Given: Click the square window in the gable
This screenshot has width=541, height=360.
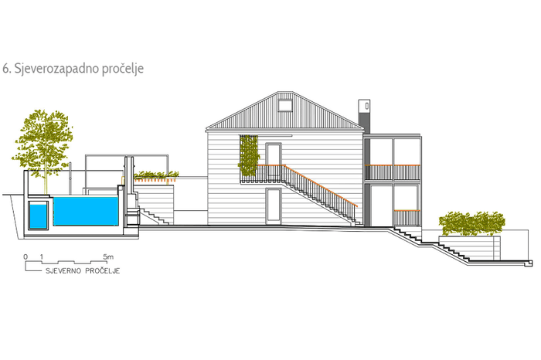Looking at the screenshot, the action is (284, 106).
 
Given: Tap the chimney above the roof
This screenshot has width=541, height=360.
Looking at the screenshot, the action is (364, 116).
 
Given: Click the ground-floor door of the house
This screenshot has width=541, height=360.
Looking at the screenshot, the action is (274, 205).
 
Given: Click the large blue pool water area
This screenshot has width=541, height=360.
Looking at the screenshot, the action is (85, 211).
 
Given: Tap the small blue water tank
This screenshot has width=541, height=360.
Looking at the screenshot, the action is (38, 216).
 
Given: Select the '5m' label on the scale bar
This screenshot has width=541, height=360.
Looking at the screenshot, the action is (108, 256).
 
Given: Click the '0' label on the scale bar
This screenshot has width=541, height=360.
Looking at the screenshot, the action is (26, 256).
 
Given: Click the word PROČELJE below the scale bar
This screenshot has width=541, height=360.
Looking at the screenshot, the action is (103, 270).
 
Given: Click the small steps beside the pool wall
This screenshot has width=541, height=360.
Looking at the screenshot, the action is (154, 216).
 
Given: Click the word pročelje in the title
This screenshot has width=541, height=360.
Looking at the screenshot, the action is (123, 69).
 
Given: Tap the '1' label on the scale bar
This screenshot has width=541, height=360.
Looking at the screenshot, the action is (42, 256).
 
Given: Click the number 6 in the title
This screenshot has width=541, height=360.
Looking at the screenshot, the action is (5, 68).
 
